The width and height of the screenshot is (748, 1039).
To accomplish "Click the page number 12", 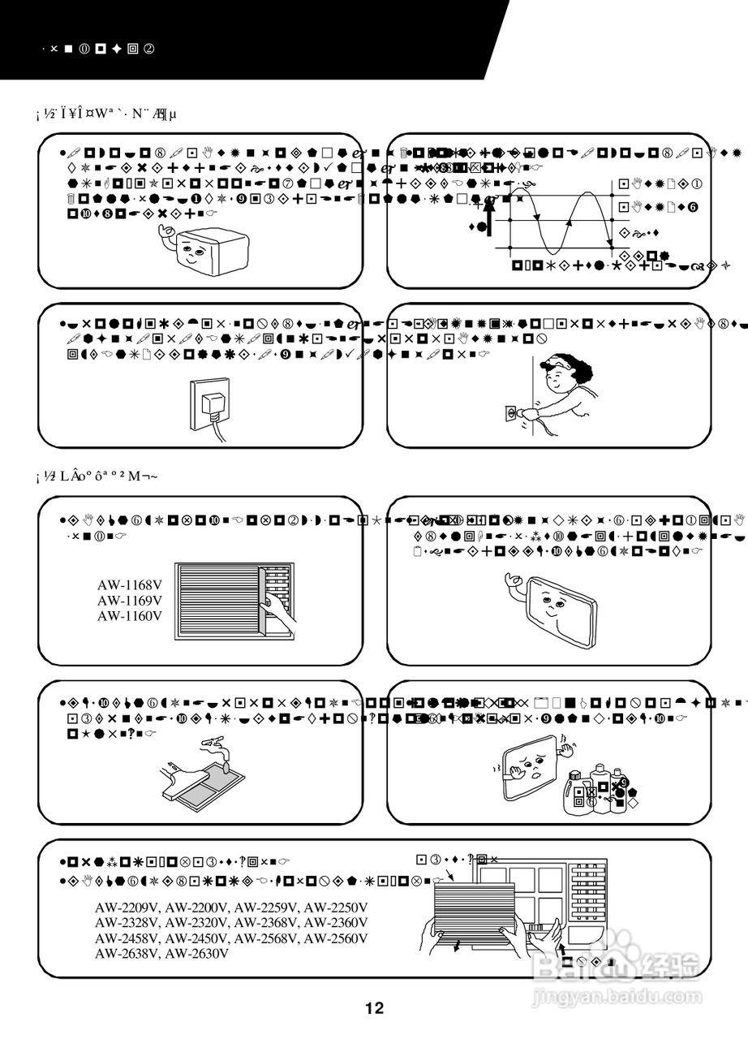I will click(374, 1009).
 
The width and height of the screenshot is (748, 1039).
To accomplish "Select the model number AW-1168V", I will click(130, 584).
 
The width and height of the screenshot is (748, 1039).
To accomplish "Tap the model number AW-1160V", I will click(130, 615).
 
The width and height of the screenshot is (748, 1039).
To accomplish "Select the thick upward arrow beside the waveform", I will click(489, 214).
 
